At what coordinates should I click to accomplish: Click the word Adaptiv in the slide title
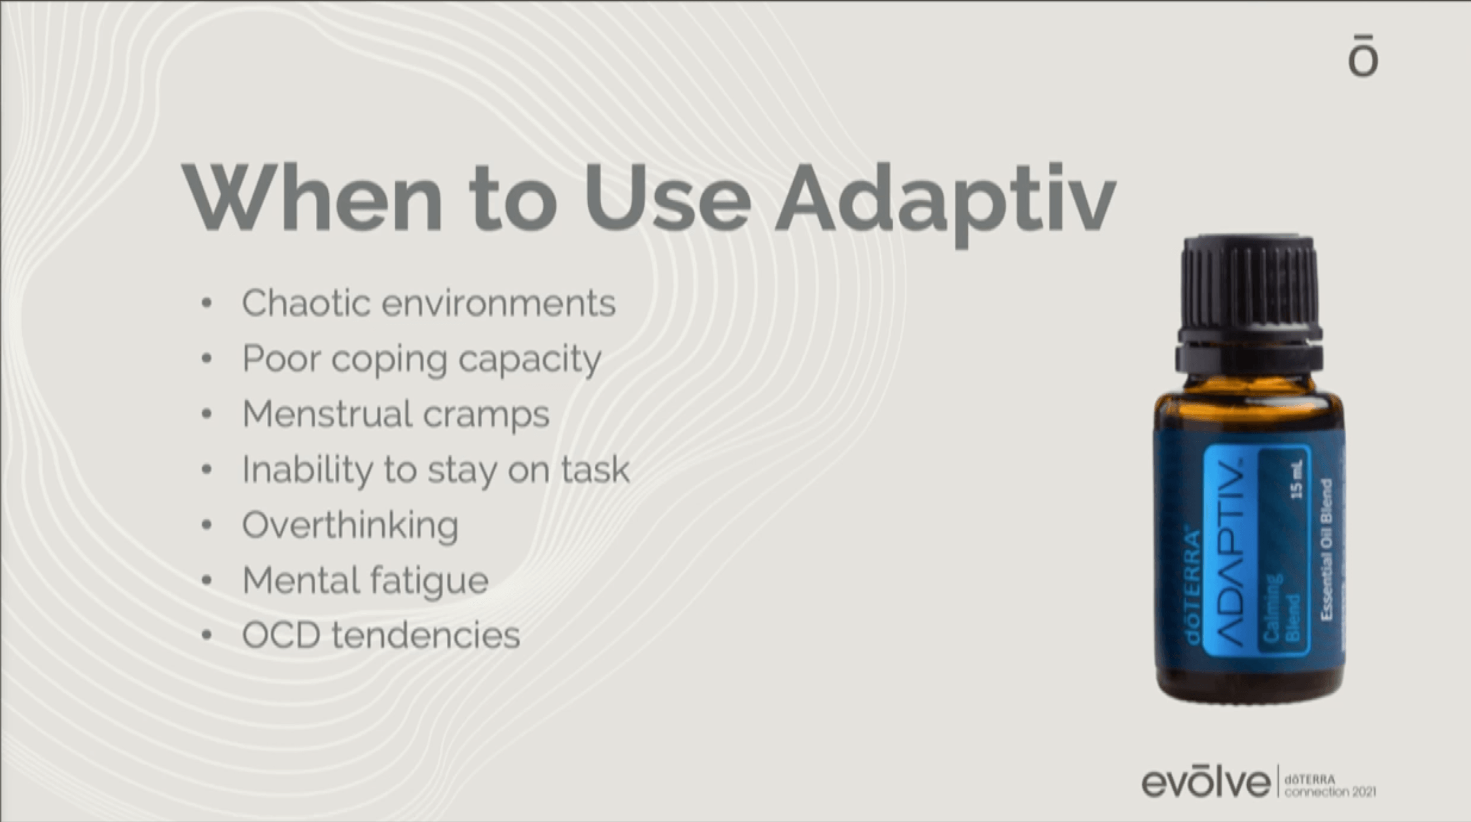point(945,200)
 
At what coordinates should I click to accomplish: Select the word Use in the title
point(667,197)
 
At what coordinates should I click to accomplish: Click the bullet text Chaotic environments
point(429,303)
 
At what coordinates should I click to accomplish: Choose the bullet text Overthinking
point(350,526)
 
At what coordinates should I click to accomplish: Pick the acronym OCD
point(281,635)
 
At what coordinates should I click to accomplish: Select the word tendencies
point(426,635)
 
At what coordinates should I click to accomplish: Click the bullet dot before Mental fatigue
point(207,581)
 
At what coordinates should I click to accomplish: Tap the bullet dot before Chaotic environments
point(207,303)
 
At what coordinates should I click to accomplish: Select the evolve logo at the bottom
point(1205,782)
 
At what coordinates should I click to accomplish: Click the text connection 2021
point(1330,792)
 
